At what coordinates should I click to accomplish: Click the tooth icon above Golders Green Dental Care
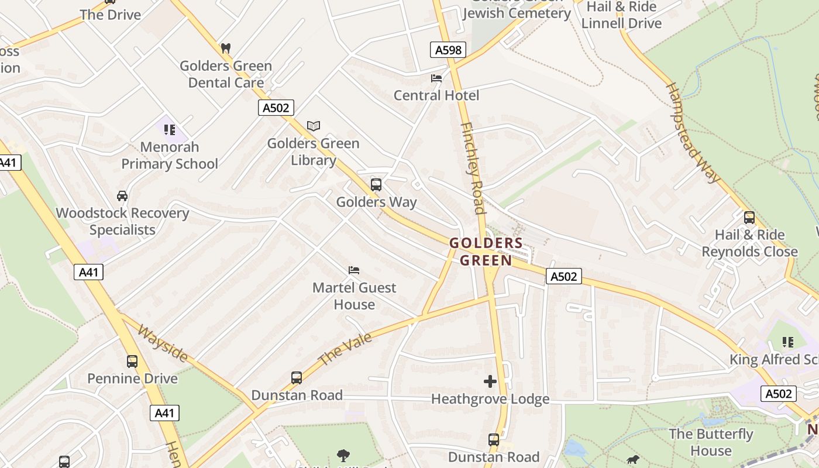pos(226,48)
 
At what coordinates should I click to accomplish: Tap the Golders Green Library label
pos(313,152)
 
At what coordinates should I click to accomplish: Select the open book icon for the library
pos(314,126)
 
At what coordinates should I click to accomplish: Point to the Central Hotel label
pos(436,95)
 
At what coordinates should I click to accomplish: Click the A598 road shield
pos(449,50)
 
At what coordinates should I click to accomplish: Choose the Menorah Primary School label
pos(169,155)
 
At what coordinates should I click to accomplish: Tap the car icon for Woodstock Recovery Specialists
pos(122,195)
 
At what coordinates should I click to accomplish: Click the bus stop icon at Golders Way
pos(376,185)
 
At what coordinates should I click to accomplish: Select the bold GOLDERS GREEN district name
pos(486,252)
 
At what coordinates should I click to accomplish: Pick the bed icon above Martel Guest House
pos(354,270)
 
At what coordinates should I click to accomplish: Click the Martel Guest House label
pos(354,296)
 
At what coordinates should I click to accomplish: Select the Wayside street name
pos(163,343)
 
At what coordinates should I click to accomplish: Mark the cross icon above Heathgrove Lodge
pos(490,381)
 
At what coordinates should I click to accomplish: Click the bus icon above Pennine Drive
pos(132,361)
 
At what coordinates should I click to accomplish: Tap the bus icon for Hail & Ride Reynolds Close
pos(749,218)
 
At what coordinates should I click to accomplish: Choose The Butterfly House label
pos(711,442)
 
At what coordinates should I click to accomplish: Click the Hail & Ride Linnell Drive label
pos(621,15)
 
